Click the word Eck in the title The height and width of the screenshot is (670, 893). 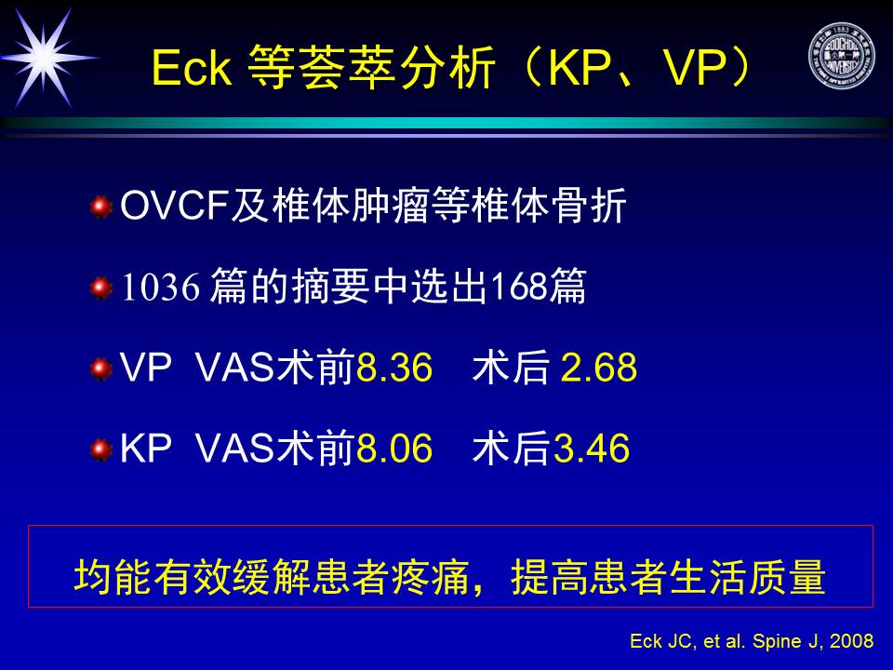click(192, 68)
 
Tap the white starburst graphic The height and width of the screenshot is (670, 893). click(46, 58)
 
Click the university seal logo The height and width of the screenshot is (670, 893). click(841, 56)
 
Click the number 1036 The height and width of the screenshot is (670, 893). click(161, 286)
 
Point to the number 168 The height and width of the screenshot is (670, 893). click(519, 286)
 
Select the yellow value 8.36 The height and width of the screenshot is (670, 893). click(394, 368)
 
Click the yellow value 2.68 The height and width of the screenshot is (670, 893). click(598, 368)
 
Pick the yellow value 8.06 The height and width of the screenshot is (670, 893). click(394, 449)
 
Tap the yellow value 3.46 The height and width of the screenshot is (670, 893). click(592, 449)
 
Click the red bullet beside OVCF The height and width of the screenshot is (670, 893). click(101, 207)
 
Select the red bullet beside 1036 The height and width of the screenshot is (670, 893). click(101, 288)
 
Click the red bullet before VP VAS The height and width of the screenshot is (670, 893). click(101, 368)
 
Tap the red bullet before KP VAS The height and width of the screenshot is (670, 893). click(101, 450)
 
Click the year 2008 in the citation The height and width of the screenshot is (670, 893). click(851, 641)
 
